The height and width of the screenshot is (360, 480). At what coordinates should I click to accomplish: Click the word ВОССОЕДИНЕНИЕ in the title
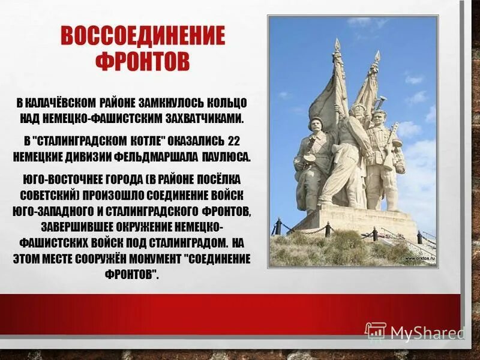[x=142, y=38]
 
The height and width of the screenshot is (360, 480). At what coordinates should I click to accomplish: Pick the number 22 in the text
[x=233, y=141]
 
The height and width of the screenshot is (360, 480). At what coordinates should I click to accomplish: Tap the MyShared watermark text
[x=427, y=332]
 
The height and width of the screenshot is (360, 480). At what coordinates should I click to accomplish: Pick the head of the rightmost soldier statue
[x=377, y=117]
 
